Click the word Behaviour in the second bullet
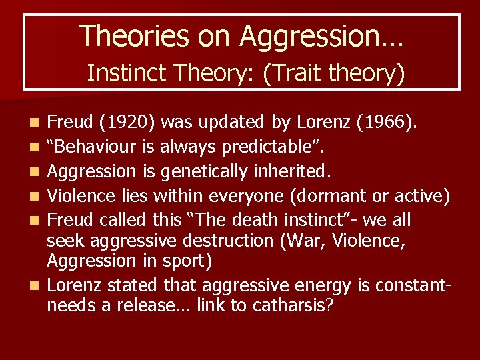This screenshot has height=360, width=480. (93, 147)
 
